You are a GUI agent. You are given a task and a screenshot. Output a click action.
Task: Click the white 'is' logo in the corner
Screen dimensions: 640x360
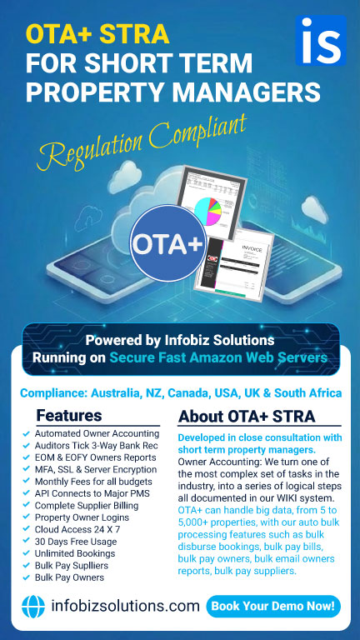click(x=320, y=39)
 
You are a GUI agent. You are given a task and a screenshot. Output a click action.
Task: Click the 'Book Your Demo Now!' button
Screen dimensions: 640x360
click(x=273, y=606)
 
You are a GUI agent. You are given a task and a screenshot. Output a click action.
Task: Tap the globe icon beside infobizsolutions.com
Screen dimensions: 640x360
click(x=33, y=607)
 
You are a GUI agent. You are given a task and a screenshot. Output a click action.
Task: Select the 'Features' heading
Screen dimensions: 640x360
click(x=69, y=415)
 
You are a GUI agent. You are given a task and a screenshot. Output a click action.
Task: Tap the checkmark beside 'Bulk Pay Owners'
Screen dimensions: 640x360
click(x=27, y=577)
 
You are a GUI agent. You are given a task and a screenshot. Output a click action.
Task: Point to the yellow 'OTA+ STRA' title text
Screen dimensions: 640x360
click(x=97, y=34)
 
